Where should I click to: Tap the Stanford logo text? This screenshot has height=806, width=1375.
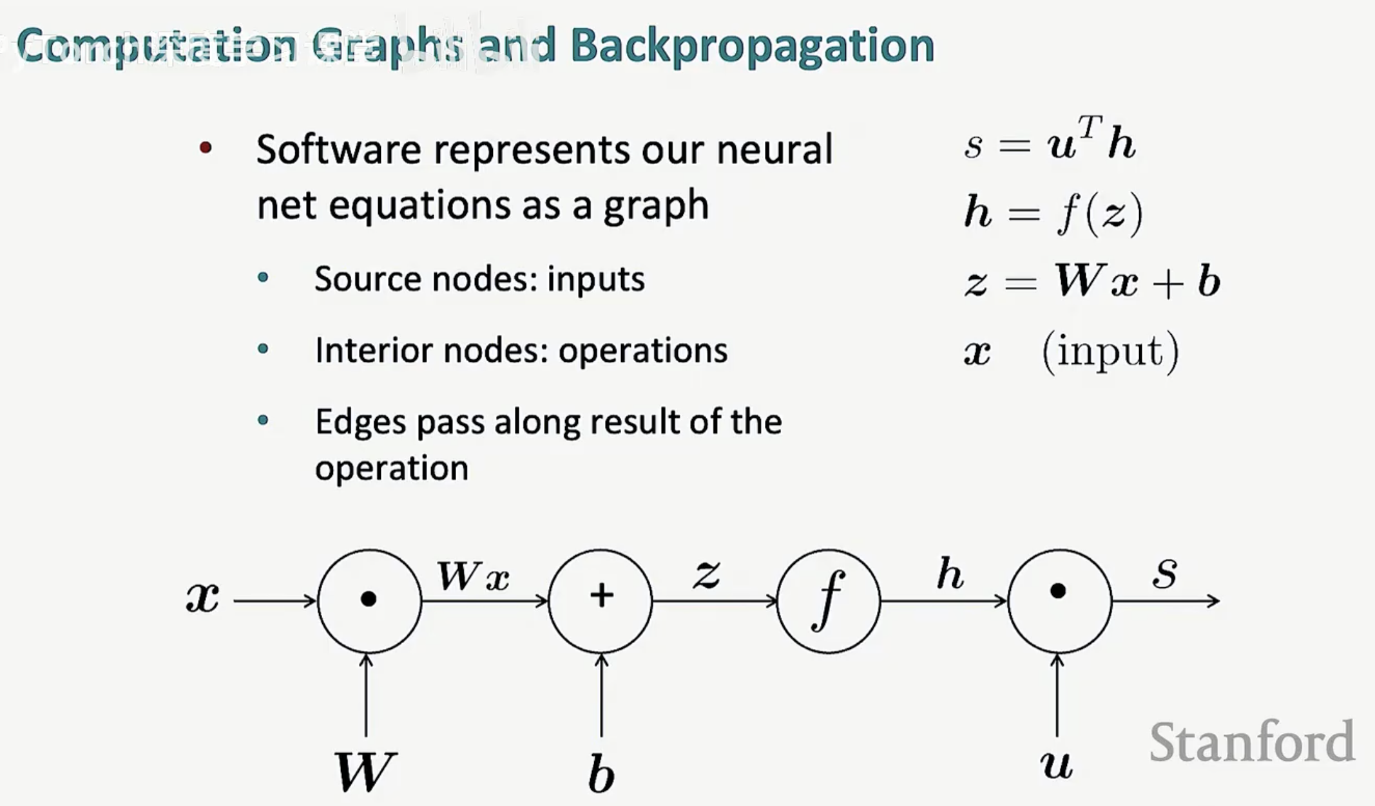pos(1251,742)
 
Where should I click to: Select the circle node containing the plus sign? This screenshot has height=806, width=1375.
pos(601,600)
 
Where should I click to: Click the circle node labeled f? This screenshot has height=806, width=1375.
pos(829,600)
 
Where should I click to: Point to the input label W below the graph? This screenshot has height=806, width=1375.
pos(365,771)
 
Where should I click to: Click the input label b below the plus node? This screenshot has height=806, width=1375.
pos(601,773)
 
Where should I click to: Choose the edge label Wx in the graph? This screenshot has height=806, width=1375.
pos(474,576)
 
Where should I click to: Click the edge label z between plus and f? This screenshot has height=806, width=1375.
pos(707,573)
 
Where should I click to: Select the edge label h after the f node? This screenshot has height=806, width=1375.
pos(950,573)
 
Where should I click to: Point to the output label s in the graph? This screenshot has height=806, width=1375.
pos(1165,572)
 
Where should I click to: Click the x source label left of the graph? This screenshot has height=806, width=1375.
pos(202,597)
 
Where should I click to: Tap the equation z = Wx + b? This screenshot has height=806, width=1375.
pos(1091,281)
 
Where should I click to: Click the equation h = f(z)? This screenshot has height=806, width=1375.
pos(1053,212)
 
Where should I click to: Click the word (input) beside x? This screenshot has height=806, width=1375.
pos(1110,351)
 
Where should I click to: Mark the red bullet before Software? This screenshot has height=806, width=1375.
pos(206,149)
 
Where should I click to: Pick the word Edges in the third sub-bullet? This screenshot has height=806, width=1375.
pos(361,422)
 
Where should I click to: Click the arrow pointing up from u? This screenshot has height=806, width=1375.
pos(1057,695)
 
